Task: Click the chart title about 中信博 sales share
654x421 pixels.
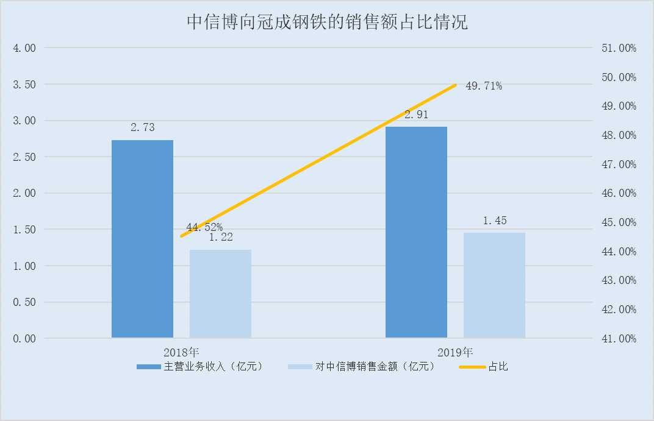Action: pyautogui.click(x=327, y=23)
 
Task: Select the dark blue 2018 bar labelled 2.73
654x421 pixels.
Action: pyautogui.click(x=142, y=239)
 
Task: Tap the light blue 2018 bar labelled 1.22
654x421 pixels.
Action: pyautogui.click(x=220, y=294)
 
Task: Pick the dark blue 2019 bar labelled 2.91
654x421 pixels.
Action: pyautogui.click(x=416, y=232)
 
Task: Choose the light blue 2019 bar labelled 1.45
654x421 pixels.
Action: pyautogui.click(x=494, y=285)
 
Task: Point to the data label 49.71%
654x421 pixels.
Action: pyautogui.click(x=484, y=86)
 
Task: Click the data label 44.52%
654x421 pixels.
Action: pyautogui.click(x=204, y=227)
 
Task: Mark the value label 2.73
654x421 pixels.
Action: pyautogui.click(x=142, y=128)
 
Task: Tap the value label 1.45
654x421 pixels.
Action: pyautogui.click(x=495, y=221)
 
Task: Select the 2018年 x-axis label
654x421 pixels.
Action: pyautogui.click(x=181, y=352)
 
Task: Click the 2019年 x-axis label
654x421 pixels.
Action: pyautogui.click(x=455, y=352)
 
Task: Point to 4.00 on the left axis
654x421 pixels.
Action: pyautogui.click(x=24, y=48)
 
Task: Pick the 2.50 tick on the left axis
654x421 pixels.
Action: pyautogui.click(x=24, y=157)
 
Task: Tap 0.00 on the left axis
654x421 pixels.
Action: pyautogui.click(x=24, y=339)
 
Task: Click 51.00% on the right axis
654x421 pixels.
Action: pyautogui.click(x=619, y=48)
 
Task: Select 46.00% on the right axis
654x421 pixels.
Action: pyautogui.click(x=619, y=193)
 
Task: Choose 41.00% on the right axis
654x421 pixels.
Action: pyautogui.click(x=619, y=339)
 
